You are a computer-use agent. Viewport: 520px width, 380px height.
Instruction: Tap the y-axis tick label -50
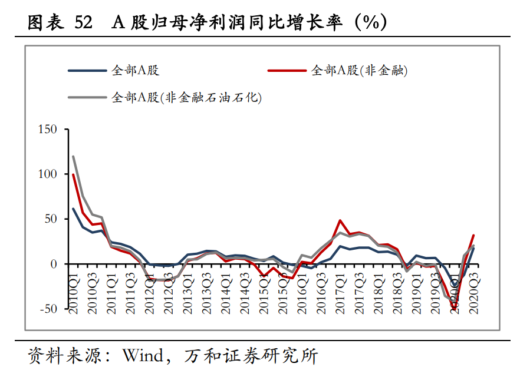coord(47,309)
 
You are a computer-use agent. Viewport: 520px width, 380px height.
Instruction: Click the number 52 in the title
coord(84,22)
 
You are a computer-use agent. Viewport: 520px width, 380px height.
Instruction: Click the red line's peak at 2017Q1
coord(340,220)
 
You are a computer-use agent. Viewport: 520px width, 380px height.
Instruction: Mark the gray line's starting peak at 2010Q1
coord(73,156)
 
